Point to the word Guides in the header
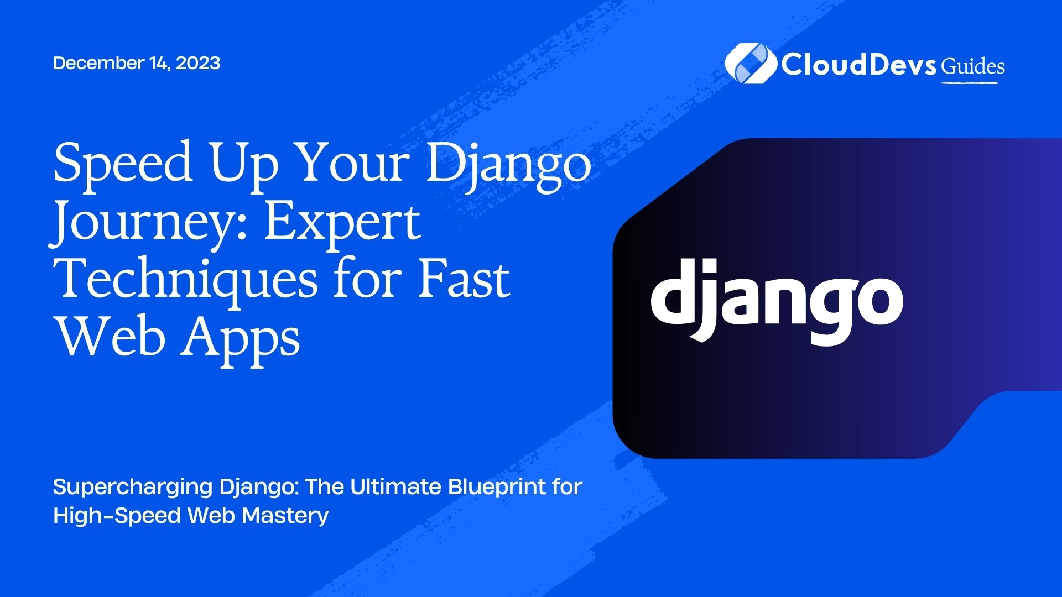pos(973,66)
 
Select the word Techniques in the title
pos(188,279)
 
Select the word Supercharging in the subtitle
pos(133,488)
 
